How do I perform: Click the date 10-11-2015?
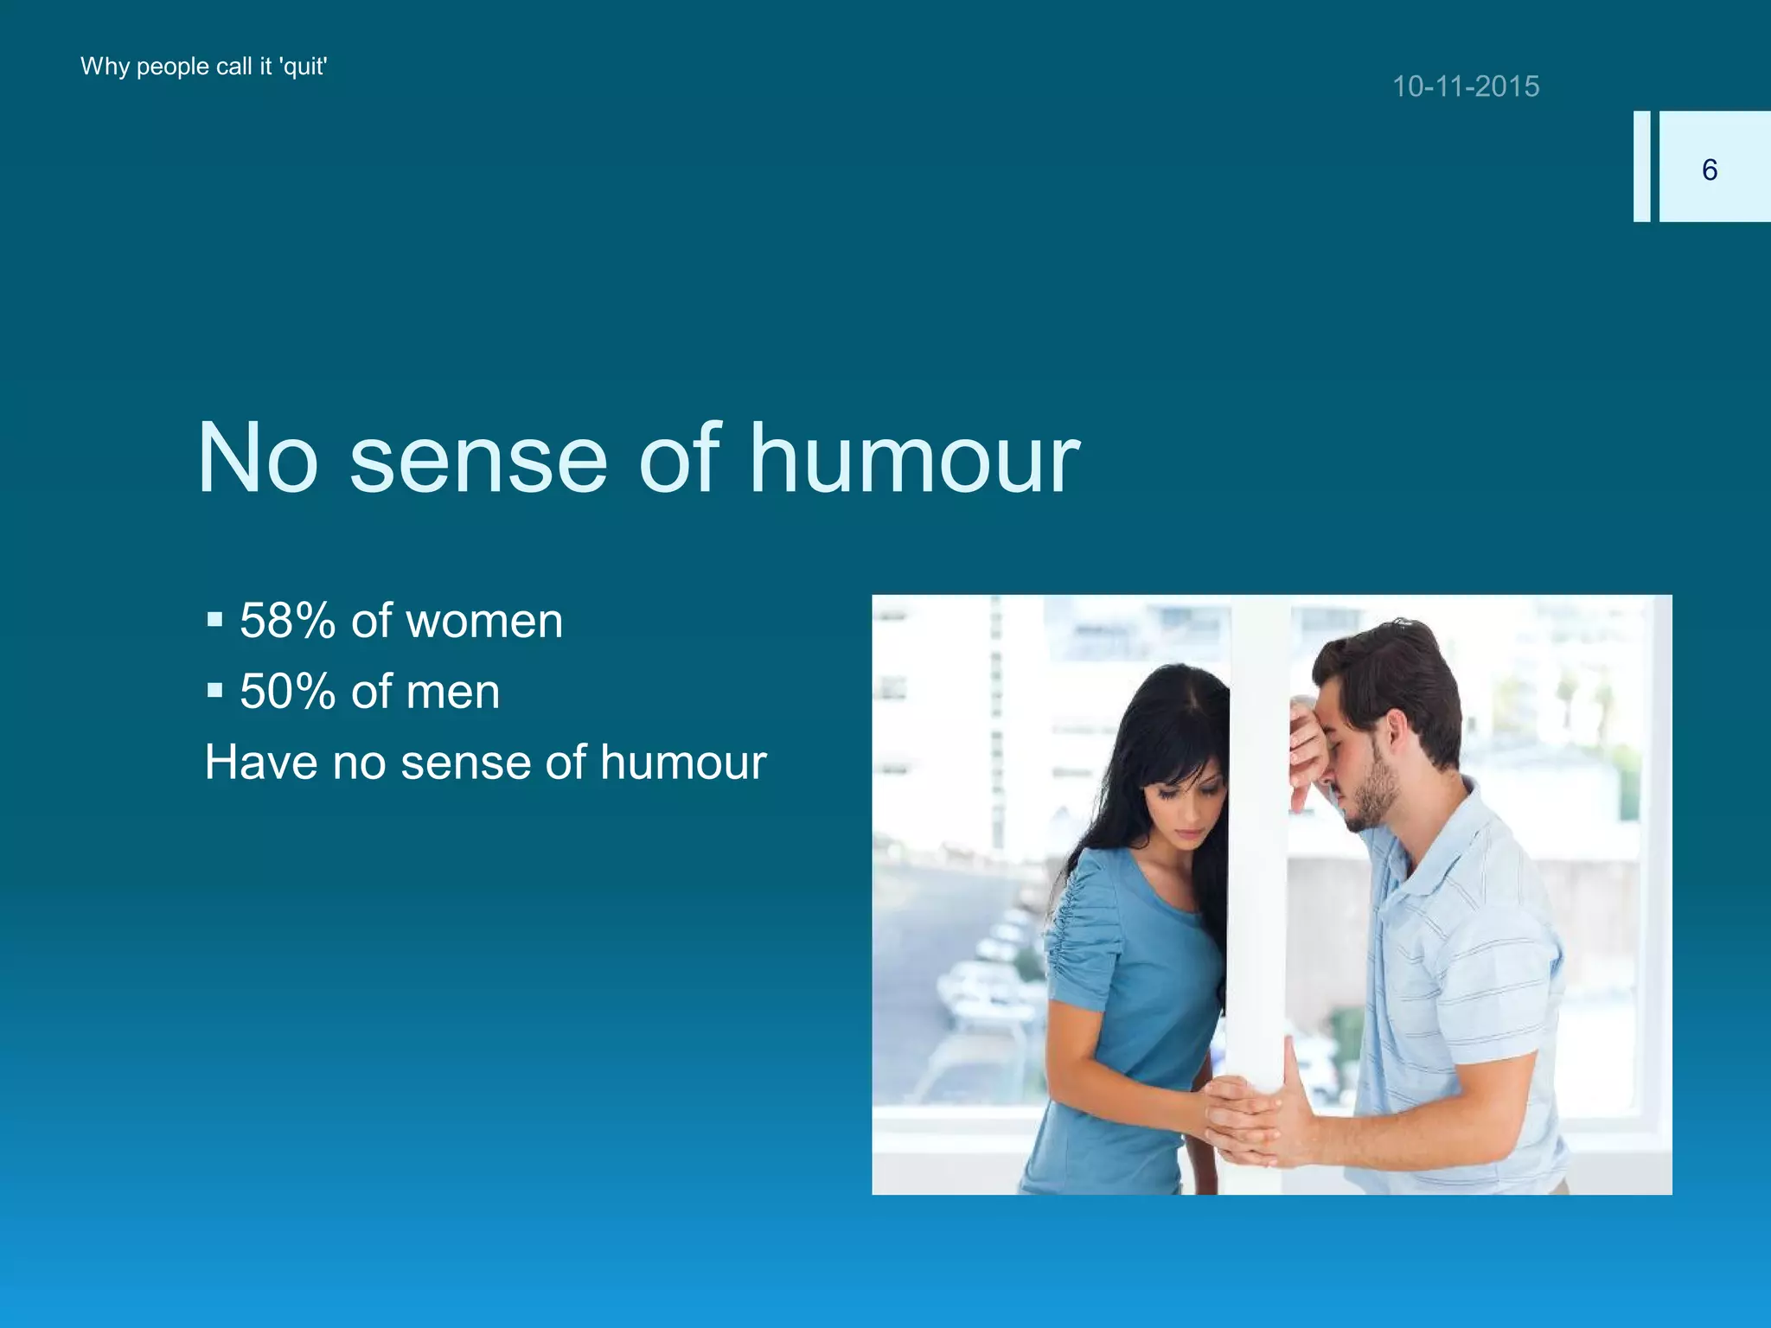1466,86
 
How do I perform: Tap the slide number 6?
1709,169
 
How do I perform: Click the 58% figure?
287,621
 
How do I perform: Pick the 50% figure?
287,692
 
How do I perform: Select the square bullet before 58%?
214,620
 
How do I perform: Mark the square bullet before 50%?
214,691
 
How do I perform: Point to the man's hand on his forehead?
1306,744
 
